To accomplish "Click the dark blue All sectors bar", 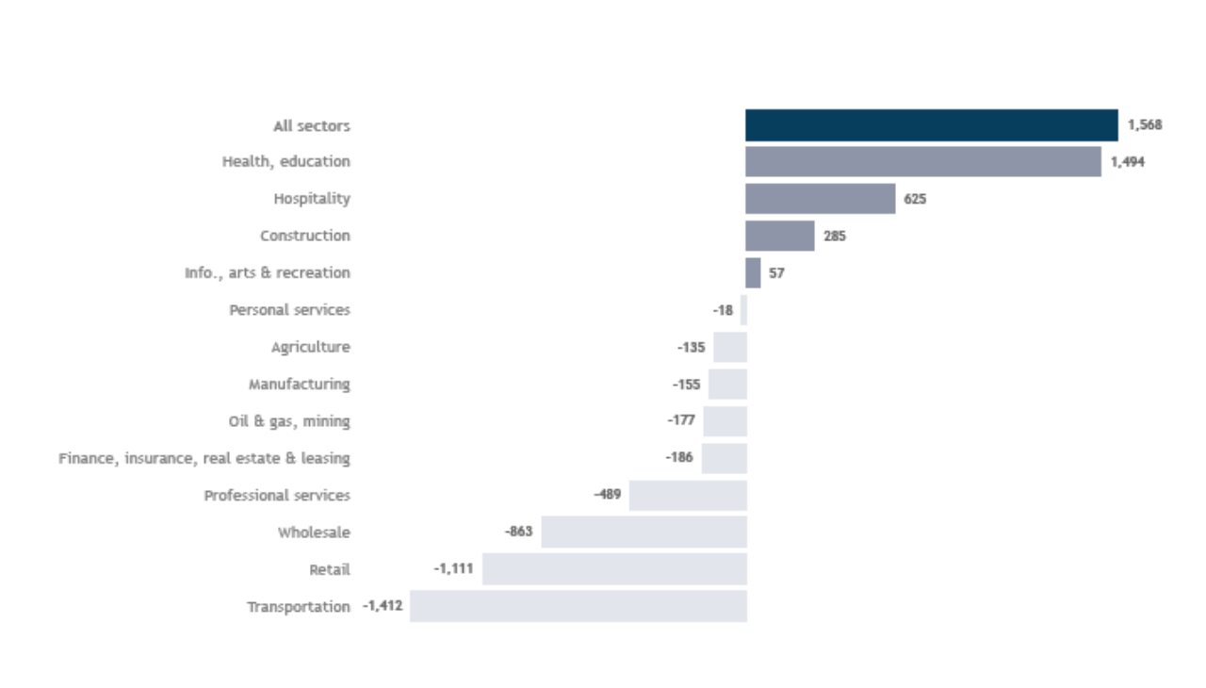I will (931, 125).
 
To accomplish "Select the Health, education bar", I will (922, 162).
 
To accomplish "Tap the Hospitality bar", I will (820, 199).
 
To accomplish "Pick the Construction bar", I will (779, 236).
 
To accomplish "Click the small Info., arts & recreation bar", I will (753, 273).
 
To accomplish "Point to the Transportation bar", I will (578, 606).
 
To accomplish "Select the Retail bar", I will (614, 569).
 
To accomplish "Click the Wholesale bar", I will (644, 532).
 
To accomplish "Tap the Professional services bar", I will (688, 496).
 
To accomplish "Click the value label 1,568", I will (1145, 125).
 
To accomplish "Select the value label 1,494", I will (1128, 162).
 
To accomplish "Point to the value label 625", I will (915, 199).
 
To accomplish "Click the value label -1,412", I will (383, 606).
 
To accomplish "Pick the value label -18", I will (723, 310).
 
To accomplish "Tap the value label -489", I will (607, 494).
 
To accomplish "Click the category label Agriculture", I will (310, 347).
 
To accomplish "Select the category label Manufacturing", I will (299, 385).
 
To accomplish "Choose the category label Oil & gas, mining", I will (289, 421).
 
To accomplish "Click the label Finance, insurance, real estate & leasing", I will (204, 458).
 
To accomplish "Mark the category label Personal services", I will (289, 310).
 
